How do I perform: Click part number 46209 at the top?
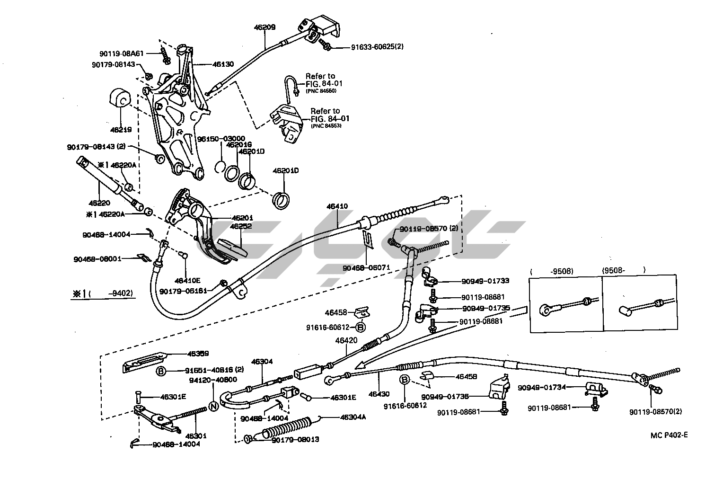265,27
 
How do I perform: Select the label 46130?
223,64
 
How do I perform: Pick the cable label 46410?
337,206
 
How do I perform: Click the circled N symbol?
213,406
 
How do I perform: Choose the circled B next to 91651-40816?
161,371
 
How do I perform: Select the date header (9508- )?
624,271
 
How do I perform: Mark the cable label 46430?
379,393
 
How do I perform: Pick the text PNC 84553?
326,125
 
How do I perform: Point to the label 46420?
346,340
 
